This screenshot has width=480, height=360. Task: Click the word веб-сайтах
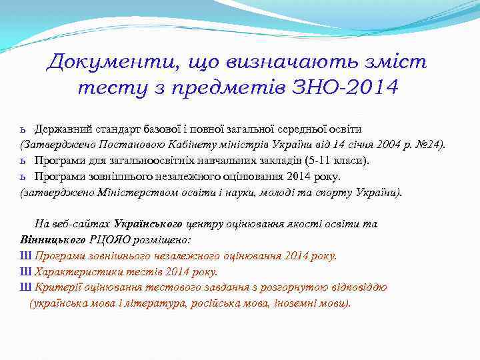(84, 224)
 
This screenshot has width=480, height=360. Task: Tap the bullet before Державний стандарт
(23, 129)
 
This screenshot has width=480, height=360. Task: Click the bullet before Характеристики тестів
(25, 272)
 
